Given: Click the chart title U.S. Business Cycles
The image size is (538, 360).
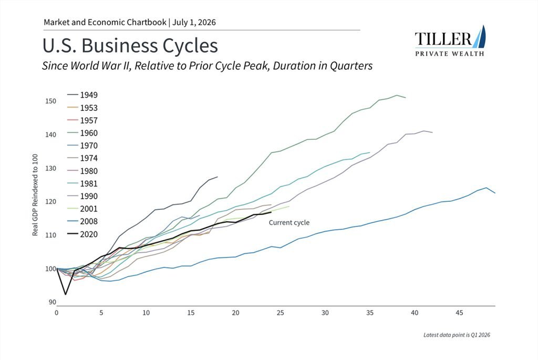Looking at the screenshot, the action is [130, 46].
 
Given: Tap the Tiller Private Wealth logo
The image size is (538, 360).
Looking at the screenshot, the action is [450, 41].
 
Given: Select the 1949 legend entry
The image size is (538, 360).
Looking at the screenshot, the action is [82, 95].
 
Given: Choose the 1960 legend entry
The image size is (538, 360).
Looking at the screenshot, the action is [82, 133].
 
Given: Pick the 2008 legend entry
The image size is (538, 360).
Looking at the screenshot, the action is [82, 221].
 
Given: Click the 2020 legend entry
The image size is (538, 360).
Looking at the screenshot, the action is [82, 234].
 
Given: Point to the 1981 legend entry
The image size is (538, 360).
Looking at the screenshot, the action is [82, 183].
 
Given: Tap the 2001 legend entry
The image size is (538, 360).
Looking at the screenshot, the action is [82, 209].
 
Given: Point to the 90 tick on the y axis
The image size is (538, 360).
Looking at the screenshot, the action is [52, 302].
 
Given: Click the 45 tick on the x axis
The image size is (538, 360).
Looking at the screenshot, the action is [459, 313].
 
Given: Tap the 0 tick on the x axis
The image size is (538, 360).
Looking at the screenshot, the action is [57, 313].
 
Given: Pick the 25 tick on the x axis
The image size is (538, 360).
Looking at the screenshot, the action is [281, 313].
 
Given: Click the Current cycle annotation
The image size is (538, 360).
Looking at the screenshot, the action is [289, 223].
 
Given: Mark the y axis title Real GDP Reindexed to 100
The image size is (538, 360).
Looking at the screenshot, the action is [35, 195].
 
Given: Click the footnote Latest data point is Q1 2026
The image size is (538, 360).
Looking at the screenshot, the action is [457, 335].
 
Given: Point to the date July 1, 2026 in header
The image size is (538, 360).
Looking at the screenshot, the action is [194, 23].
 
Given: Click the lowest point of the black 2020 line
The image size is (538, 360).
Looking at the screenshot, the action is [66, 294].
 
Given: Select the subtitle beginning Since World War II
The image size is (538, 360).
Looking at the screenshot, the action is [207, 66].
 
